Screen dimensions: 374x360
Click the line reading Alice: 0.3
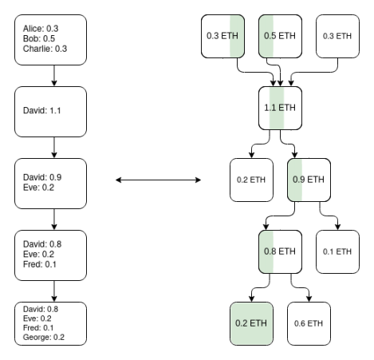[x=41, y=29]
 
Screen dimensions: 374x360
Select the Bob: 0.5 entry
[x=39, y=38]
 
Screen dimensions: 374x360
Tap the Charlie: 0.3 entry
[x=45, y=49]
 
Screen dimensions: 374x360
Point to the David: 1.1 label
[x=42, y=110]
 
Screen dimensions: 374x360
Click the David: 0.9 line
[x=42, y=177]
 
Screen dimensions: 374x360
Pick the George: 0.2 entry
[x=44, y=338]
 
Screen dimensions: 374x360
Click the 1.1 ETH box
[x=280, y=108]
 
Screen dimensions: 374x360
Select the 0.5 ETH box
[x=280, y=36]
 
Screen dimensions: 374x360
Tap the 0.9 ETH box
[x=309, y=180]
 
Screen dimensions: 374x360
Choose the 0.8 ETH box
[x=280, y=251]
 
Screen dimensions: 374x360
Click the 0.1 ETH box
[x=337, y=251]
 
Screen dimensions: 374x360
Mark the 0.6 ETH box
[x=309, y=323]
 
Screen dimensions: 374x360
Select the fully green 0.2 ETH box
[x=251, y=323]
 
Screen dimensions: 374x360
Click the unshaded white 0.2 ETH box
[x=251, y=180]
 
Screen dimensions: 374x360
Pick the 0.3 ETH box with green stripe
[x=222, y=36]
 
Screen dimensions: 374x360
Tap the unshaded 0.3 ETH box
[x=337, y=36]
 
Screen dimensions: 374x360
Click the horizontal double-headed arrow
[x=158, y=180]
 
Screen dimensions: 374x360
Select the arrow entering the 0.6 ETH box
[x=301, y=287]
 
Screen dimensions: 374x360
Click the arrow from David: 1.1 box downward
[x=54, y=148]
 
